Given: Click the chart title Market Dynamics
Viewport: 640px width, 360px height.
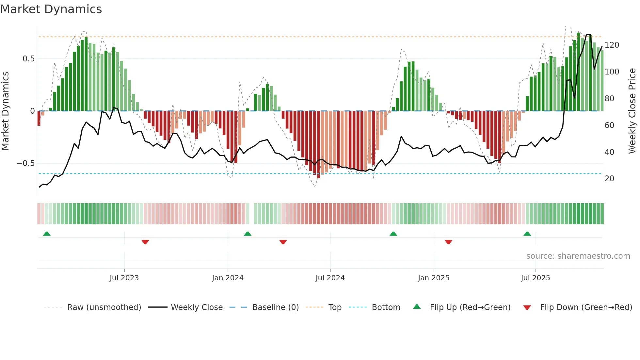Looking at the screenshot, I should [x=51, y=9].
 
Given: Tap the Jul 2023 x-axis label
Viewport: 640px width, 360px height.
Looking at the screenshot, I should [x=124, y=278].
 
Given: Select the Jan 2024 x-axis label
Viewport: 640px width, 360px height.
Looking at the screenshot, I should [x=228, y=278].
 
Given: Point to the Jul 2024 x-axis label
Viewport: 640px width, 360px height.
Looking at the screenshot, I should [x=330, y=278].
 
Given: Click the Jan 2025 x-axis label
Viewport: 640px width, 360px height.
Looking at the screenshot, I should [x=433, y=278].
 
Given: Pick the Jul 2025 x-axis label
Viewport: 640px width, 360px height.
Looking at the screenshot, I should [x=535, y=278].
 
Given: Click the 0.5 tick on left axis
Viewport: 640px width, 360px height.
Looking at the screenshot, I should [x=28, y=59].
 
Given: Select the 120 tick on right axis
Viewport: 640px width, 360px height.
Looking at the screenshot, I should [x=612, y=45].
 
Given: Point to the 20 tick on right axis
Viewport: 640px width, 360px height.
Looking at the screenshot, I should [x=609, y=179].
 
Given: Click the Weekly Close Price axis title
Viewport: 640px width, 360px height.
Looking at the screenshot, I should [x=632, y=111].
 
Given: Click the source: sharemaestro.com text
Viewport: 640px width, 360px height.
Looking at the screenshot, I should [x=578, y=256].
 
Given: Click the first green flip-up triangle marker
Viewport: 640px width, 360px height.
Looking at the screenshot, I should [x=47, y=234].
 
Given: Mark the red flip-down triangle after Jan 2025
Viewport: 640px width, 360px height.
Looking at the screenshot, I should [x=448, y=242].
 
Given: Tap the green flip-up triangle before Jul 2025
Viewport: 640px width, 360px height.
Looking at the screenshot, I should [x=527, y=234].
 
